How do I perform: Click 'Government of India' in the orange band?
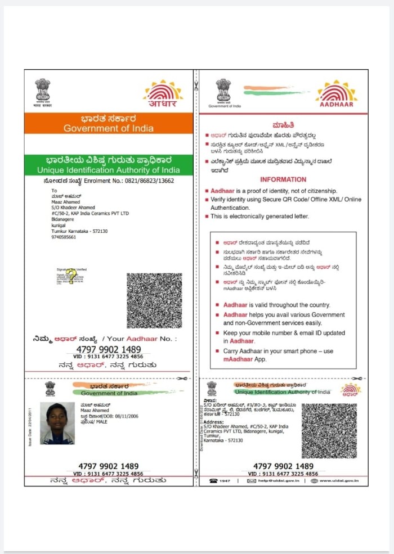[108, 128]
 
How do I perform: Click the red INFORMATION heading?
[283, 179]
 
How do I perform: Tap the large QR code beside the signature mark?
[154, 300]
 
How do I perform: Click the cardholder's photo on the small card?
[57, 424]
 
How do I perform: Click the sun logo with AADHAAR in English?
[336, 94]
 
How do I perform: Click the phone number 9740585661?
[64, 237]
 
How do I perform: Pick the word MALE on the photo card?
[102, 422]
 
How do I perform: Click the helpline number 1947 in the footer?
[224, 481]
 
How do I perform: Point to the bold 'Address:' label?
[213, 421]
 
